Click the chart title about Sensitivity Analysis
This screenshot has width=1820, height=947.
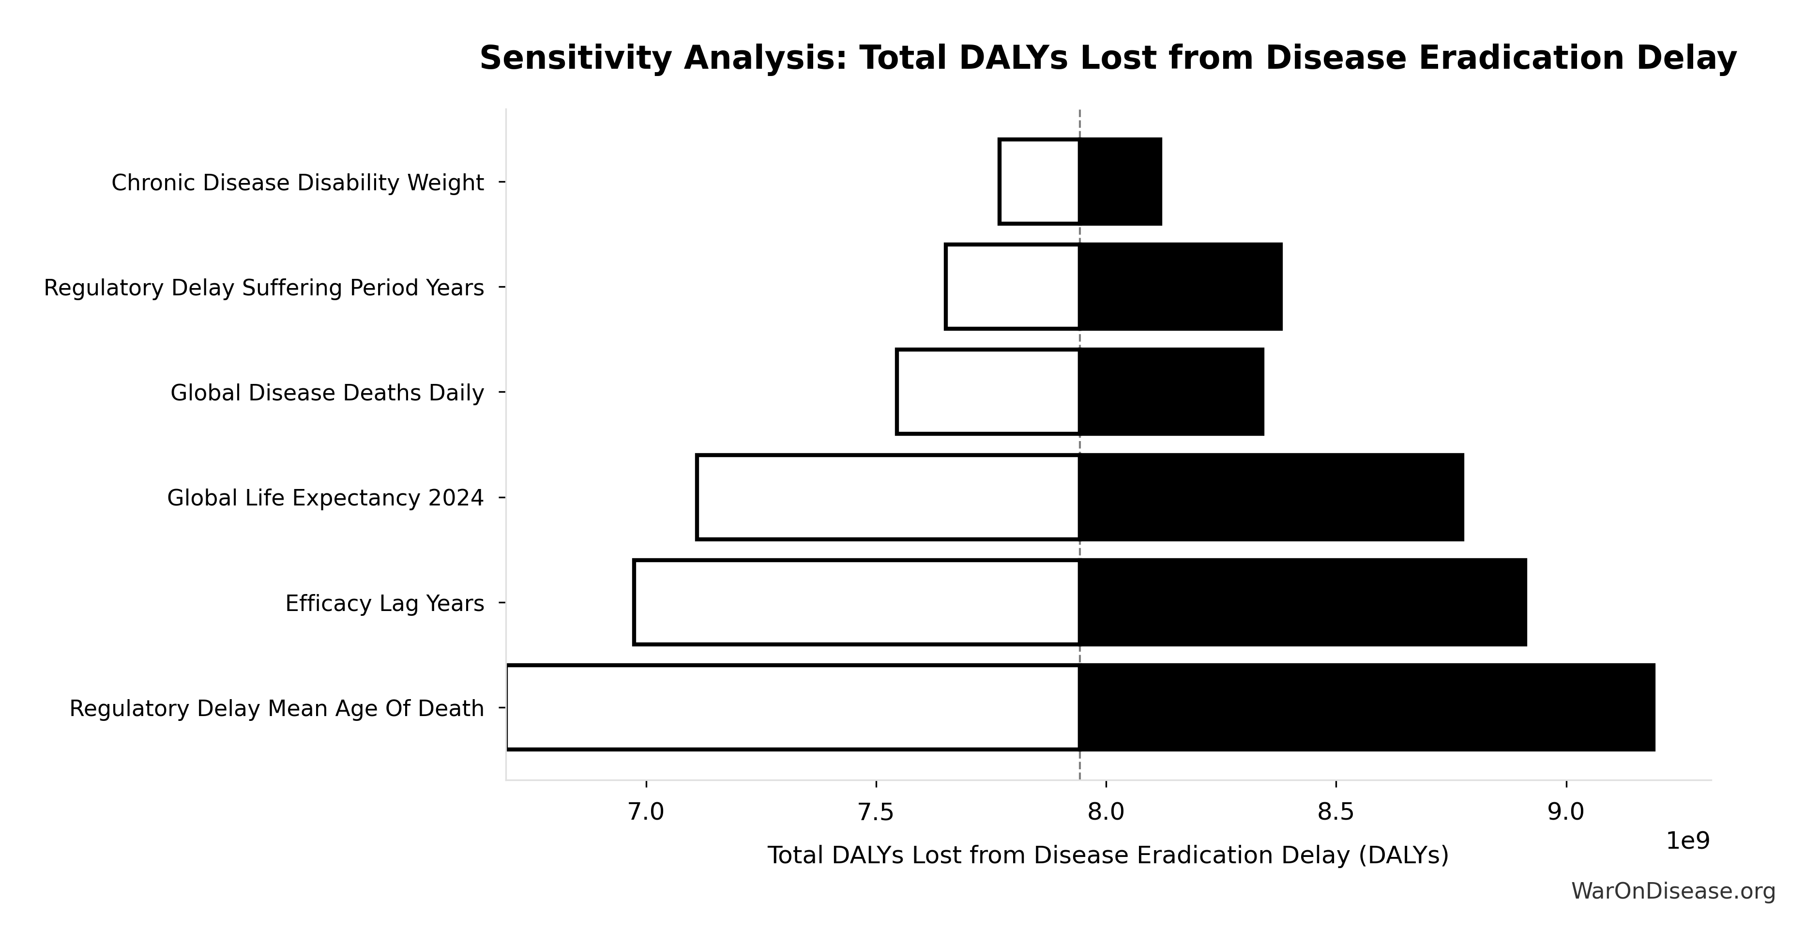pyautogui.click(x=1108, y=58)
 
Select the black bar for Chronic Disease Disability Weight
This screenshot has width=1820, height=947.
pyautogui.click(x=1121, y=182)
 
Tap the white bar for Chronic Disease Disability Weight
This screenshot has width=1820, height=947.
pyautogui.click(x=1039, y=182)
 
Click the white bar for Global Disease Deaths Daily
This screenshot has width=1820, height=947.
pyautogui.click(x=988, y=392)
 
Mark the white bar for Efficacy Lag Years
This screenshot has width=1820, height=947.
pyautogui.click(x=856, y=602)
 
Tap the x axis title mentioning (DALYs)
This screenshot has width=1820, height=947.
pyautogui.click(x=1108, y=855)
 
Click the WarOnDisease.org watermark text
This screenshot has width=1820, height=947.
pyautogui.click(x=1673, y=892)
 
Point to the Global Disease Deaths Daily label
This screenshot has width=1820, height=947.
pyautogui.click(x=327, y=393)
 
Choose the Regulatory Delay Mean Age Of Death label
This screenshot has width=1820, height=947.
pyautogui.click(x=276, y=709)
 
